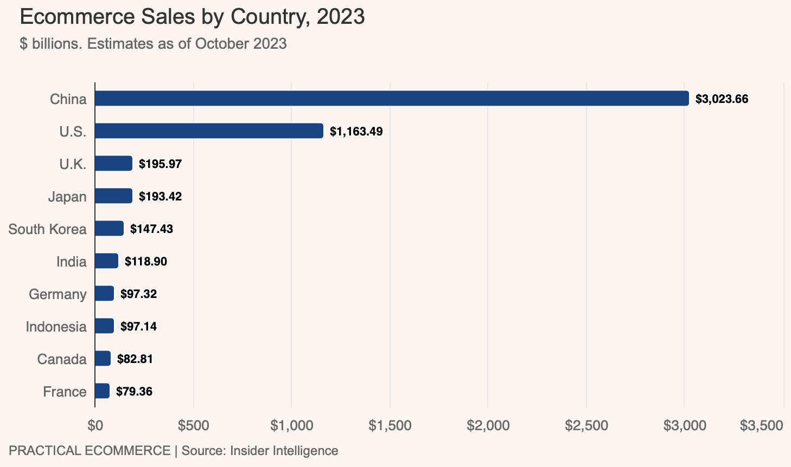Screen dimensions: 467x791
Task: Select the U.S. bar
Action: pos(209,131)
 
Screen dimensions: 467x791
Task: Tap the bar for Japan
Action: pos(113,196)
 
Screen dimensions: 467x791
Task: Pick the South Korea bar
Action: pos(109,229)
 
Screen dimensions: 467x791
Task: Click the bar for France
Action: pos(102,391)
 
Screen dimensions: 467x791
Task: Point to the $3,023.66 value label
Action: pos(722,99)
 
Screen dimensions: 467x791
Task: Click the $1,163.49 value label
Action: pos(356,132)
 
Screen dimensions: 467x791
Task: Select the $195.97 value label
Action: pos(160,164)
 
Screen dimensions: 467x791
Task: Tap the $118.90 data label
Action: pos(146,262)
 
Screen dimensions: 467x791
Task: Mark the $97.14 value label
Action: pos(138,327)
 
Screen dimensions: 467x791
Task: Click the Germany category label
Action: pos(58,294)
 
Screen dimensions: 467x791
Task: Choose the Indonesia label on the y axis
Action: pos(56,327)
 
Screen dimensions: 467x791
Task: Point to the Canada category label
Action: pos(62,359)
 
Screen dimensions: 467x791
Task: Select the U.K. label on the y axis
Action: pos(73,164)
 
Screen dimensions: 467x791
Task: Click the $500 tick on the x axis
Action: pos(194,426)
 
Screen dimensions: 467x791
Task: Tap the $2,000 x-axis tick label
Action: pos(488,426)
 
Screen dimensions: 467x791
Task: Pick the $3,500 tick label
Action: pos(762,426)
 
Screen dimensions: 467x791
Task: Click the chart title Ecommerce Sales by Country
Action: pos(192,17)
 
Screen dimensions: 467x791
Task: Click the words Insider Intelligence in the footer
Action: pos(284,451)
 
